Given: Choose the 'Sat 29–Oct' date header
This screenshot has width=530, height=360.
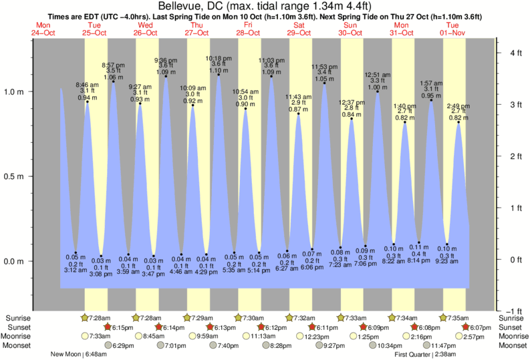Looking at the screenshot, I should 299,28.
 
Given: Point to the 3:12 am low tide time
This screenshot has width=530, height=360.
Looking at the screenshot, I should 76,270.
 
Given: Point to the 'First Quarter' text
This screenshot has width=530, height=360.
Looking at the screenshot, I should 414,355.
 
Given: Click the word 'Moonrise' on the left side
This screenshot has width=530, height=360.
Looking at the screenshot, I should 17,337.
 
